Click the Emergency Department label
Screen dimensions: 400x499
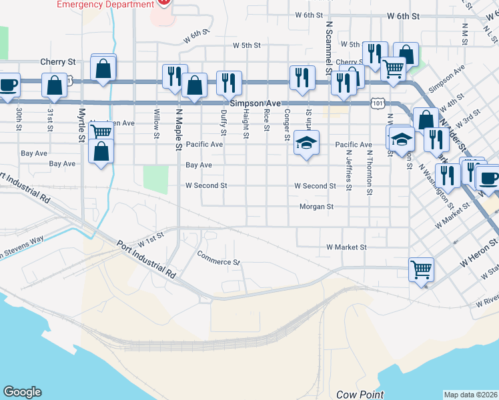tap(105, 5)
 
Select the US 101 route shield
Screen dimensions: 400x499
tap(378, 103)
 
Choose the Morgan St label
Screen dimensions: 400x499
tap(316, 207)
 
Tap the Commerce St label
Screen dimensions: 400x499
tap(219, 257)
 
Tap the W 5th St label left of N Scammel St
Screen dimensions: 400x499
tap(246, 45)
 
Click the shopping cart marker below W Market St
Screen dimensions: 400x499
tap(421, 269)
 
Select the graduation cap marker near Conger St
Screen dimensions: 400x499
tap(306, 143)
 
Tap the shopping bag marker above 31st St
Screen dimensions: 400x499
tap(54, 85)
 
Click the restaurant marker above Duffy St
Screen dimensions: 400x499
tap(229, 83)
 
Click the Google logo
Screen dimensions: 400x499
tap(22, 392)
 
